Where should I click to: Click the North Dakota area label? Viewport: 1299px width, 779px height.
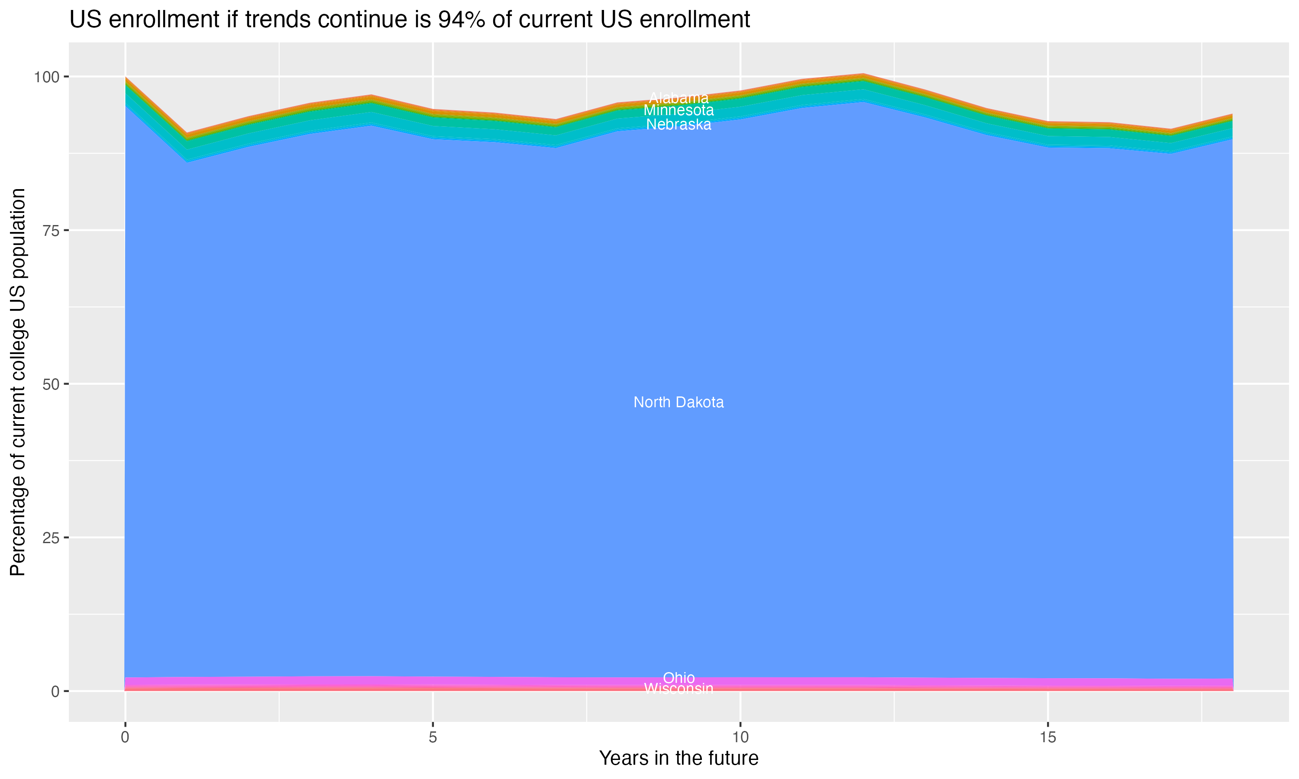click(679, 402)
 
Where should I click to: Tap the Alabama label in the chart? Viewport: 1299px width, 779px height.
click(679, 98)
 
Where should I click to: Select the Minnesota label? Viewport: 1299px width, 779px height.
click(679, 110)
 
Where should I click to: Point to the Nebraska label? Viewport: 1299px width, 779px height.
click(679, 124)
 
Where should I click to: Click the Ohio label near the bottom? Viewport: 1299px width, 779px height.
click(679, 678)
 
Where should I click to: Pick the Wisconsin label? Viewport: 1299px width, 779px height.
click(679, 688)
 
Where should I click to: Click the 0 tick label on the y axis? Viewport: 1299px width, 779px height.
click(55, 691)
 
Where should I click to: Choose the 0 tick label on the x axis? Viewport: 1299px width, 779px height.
click(125, 737)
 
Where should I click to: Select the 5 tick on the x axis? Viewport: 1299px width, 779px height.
click(433, 737)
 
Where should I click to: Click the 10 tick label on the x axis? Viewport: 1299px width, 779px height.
click(740, 737)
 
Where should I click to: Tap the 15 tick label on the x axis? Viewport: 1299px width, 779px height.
click(1047, 737)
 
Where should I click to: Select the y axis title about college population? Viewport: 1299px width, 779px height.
click(18, 382)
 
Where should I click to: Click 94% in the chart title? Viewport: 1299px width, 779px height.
click(461, 20)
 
